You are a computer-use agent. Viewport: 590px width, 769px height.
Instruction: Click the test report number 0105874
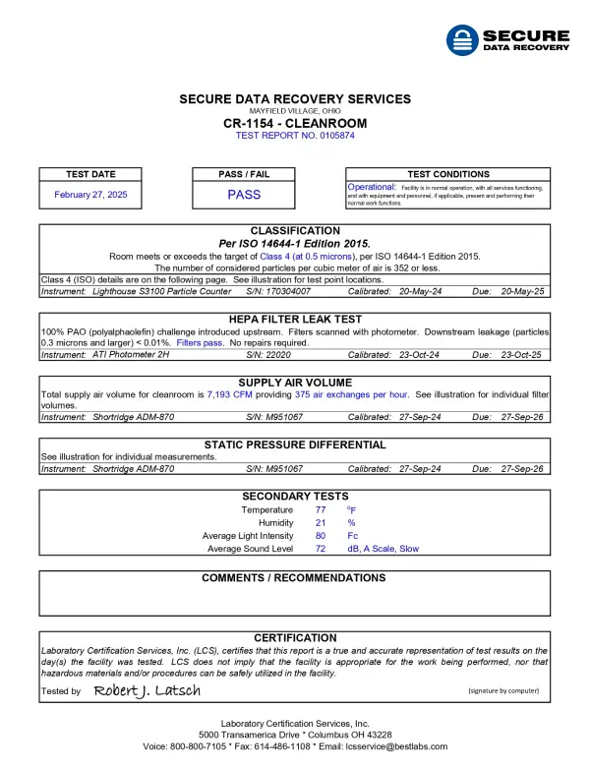[x=295, y=136]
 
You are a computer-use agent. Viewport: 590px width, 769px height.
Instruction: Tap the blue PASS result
[x=244, y=195]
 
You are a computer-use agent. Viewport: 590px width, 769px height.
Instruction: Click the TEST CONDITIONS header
[x=447, y=174]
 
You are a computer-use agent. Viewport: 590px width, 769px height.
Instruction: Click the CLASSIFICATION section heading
[x=295, y=231]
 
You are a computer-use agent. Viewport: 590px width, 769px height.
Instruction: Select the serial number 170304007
[x=285, y=291]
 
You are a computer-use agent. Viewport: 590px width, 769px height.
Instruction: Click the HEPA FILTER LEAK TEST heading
[x=295, y=320]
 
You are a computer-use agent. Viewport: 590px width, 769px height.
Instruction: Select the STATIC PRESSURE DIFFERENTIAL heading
[x=295, y=444]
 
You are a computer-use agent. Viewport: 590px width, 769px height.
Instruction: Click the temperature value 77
[x=321, y=510]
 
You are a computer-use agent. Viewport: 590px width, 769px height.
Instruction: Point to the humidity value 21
[x=321, y=523]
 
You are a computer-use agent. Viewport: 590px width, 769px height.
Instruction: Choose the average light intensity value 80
[x=321, y=536]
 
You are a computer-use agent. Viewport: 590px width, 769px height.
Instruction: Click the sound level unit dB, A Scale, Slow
[x=383, y=549]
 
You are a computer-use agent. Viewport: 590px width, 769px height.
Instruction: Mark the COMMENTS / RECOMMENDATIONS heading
[x=294, y=578]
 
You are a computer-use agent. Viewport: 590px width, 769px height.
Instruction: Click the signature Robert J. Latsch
[x=147, y=691]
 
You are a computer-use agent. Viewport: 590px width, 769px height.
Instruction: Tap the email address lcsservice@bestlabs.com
[x=390, y=746]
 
